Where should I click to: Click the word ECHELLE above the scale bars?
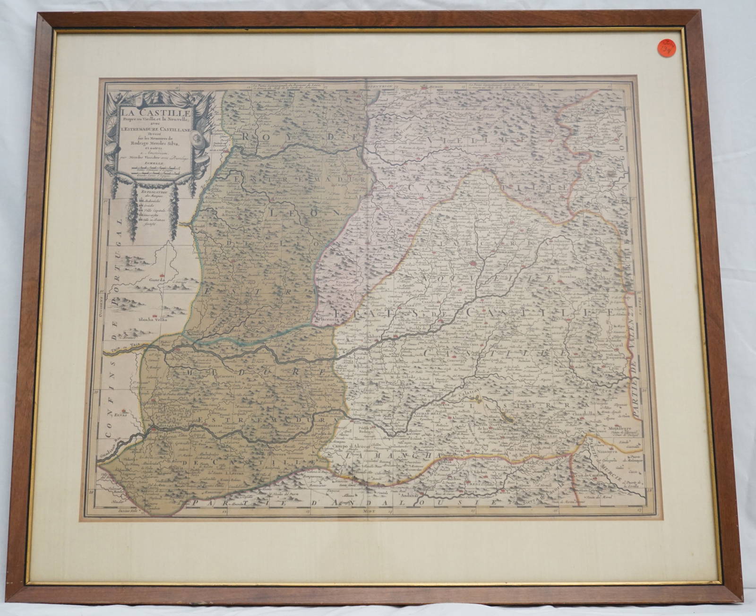click(152, 163)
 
